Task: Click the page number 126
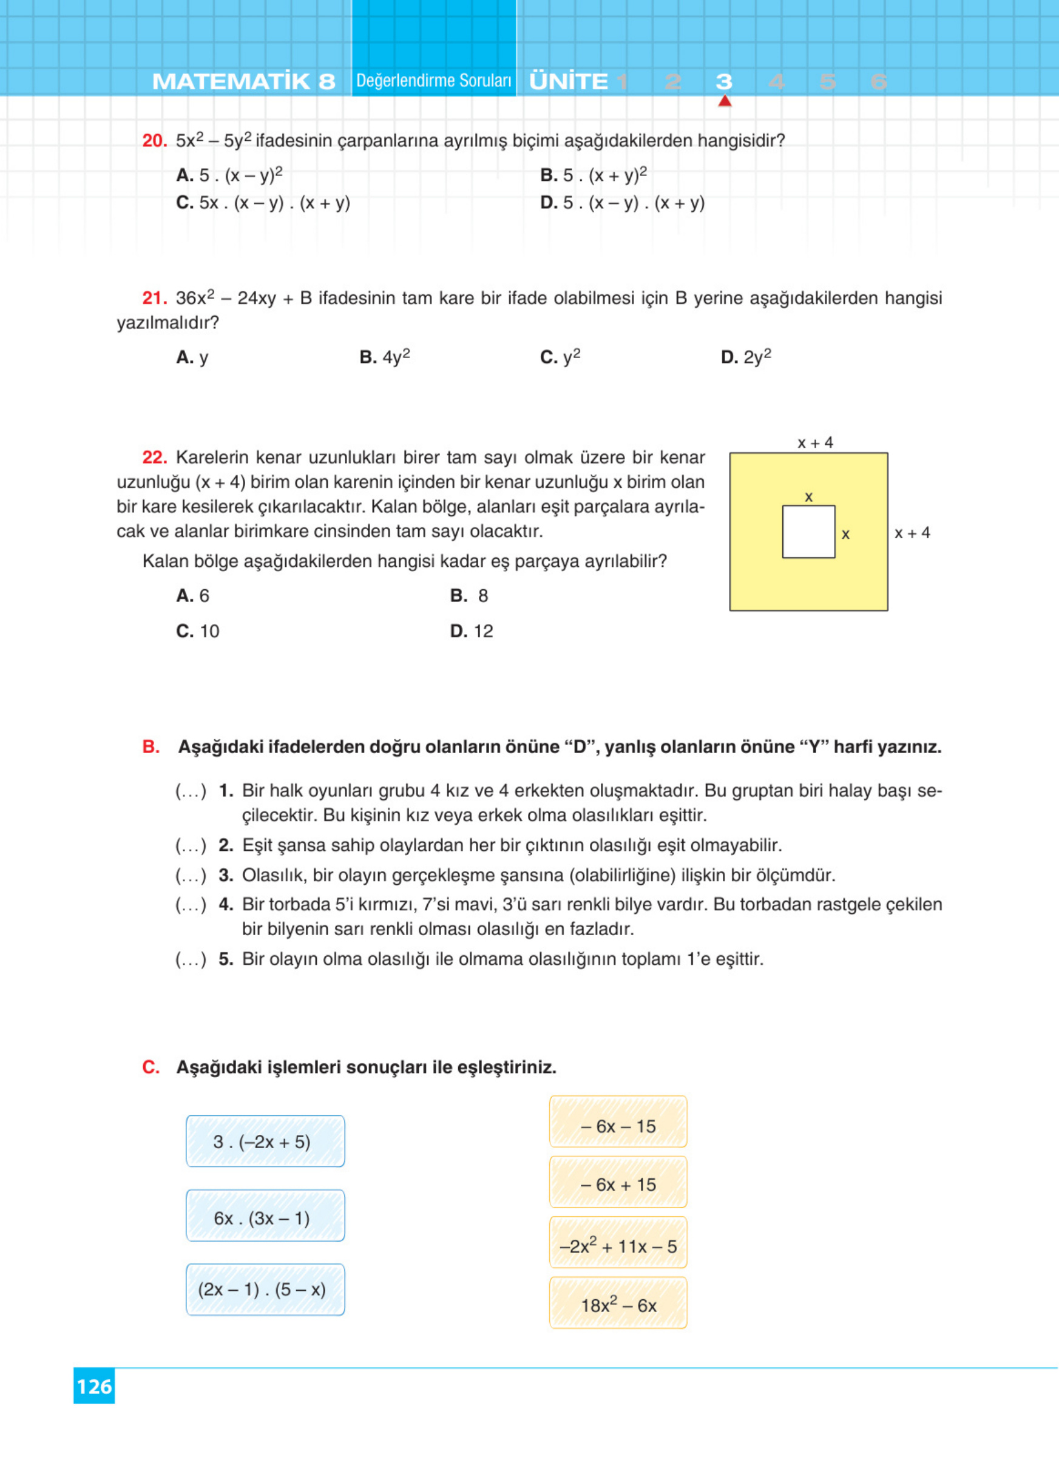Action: click(94, 1386)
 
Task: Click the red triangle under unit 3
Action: click(725, 101)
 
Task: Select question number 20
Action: click(154, 141)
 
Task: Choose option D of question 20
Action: click(622, 203)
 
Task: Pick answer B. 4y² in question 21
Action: click(385, 357)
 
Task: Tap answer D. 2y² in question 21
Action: click(746, 357)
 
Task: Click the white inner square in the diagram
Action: click(808, 532)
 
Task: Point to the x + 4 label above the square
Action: click(814, 443)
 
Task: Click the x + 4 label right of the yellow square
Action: click(912, 533)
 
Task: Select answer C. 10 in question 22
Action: click(198, 631)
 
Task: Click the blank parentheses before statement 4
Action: click(191, 905)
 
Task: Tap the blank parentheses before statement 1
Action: click(191, 791)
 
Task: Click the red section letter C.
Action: click(151, 1067)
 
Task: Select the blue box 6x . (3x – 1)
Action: click(265, 1218)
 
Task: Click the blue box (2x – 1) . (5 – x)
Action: click(265, 1290)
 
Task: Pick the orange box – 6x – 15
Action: click(618, 1126)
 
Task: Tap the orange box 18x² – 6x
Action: click(618, 1305)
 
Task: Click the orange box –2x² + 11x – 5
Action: click(618, 1246)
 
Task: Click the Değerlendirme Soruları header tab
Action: click(434, 81)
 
